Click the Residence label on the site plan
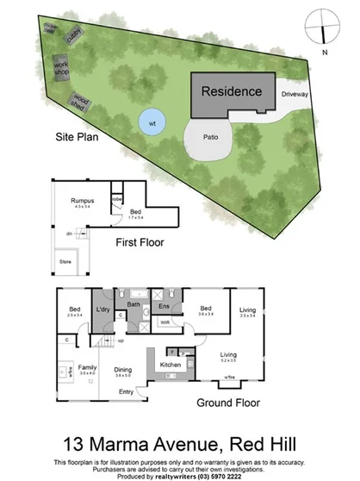[x=232, y=91]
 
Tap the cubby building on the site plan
[x=75, y=33]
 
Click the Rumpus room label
[x=83, y=201]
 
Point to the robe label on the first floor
[x=116, y=198]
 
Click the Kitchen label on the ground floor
[x=171, y=365]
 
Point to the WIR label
[x=164, y=323]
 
